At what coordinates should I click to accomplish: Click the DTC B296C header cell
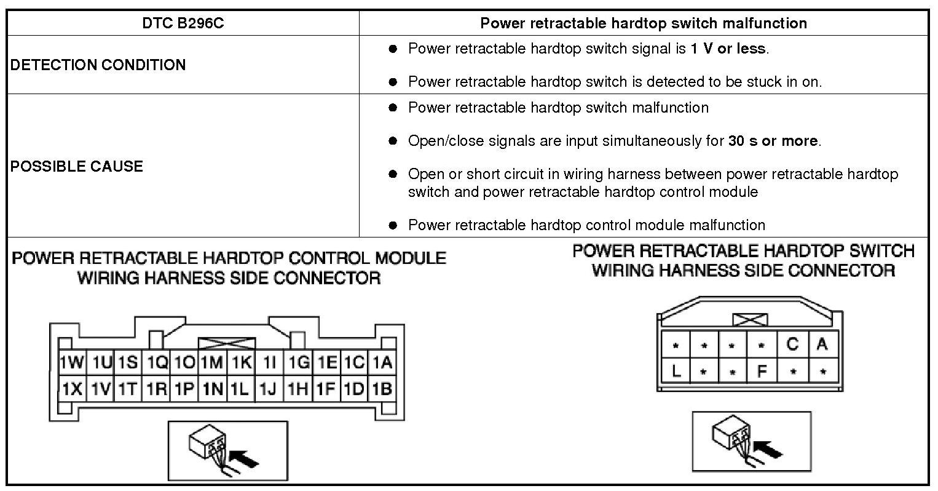click(x=183, y=23)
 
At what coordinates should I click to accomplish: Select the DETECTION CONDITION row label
click(x=98, y=65)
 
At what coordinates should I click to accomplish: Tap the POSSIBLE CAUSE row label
click(x=77, y=166)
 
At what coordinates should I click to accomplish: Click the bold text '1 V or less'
click(x=728, y=49)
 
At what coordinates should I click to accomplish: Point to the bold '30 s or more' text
click(x=773, y=141)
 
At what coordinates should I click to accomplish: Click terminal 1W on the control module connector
click(x=72, y=362)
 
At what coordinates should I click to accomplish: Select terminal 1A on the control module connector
click(x=382, y=362)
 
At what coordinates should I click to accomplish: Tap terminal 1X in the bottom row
click(x=72, y=389)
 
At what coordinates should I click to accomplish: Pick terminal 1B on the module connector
click(x=382, y=389)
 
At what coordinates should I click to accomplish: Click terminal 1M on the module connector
click(x=213, y=362)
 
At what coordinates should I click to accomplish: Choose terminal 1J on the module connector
click(x=269, y=389)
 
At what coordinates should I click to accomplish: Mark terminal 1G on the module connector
click(x=298, y=362)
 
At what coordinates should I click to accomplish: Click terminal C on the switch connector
click(x=793, y=345)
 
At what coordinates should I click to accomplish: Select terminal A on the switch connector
click(x=822, y=345)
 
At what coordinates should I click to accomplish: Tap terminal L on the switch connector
click(x=676, y=371)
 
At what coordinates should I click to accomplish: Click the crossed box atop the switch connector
click(x=750, y=319)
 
